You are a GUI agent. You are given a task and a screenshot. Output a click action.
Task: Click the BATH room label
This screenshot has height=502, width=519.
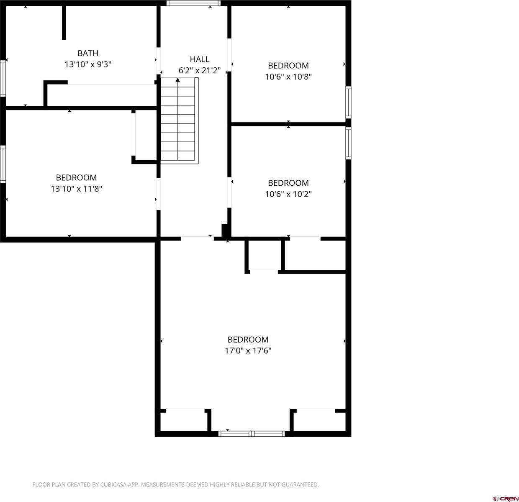[88, 53]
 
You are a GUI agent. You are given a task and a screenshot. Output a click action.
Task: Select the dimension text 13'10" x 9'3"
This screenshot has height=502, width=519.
[88, 64]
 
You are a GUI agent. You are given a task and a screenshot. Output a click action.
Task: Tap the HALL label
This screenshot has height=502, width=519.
[200, 59]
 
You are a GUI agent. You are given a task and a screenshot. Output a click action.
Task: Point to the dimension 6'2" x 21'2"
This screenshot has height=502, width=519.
[200, 71]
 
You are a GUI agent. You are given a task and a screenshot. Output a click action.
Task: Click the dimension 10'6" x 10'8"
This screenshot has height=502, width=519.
[288, 77]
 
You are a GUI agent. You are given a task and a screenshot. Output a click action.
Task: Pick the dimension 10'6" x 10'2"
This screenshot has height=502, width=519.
[288, 194]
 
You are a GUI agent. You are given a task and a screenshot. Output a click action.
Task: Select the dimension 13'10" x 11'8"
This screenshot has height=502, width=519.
[77, 189]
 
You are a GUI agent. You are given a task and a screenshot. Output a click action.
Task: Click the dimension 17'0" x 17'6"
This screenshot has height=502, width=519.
[248, 351]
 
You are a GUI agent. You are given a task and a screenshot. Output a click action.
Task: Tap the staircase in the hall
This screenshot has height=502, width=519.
[179, 121]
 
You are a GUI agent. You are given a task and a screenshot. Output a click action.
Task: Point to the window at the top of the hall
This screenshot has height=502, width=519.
[193, 3]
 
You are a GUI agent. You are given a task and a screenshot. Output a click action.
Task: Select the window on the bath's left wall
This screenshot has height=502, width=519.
[3, 78]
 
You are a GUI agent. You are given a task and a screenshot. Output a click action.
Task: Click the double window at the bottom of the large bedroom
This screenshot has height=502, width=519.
[252, 434]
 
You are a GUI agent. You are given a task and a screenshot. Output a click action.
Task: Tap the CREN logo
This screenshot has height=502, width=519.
[505, 498]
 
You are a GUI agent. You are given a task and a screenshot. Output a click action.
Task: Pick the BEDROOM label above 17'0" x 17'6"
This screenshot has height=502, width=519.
[248, 339]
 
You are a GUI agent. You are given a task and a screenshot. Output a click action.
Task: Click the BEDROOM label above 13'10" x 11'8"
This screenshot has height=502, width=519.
[77, 177]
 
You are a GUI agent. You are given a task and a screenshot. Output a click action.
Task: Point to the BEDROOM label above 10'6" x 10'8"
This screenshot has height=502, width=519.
[288, 65]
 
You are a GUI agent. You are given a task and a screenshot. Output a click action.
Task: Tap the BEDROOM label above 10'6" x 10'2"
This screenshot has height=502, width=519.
[288, 183]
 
